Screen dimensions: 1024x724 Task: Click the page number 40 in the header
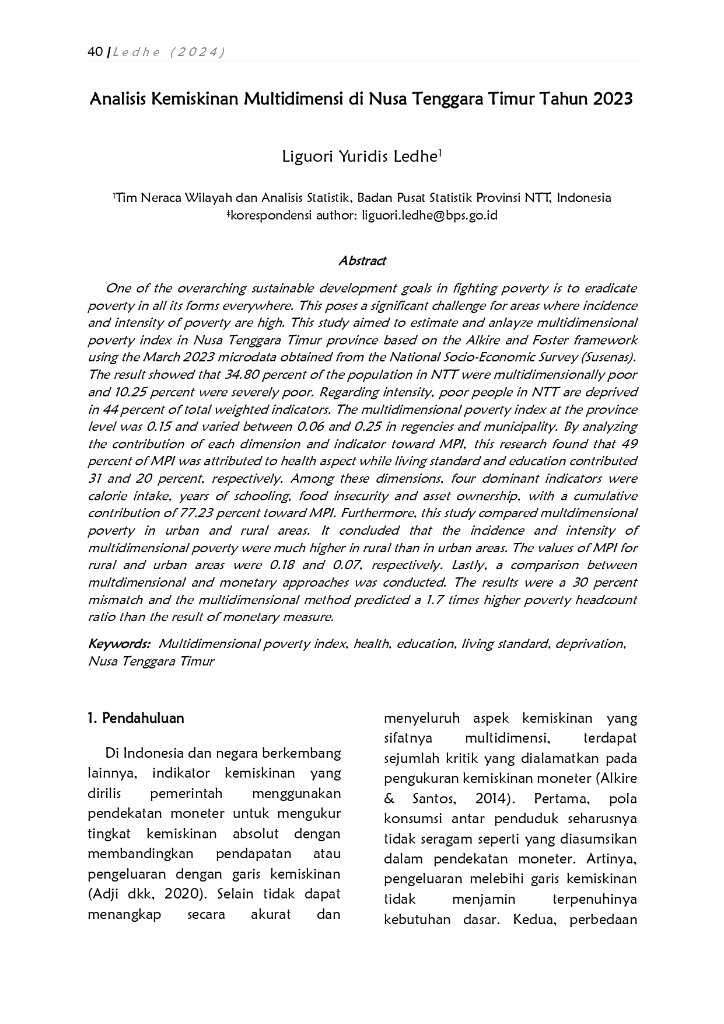click(x=95, y=52)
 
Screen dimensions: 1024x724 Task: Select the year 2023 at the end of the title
click(x=613, y=99)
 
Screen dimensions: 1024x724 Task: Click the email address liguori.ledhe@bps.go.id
click(x=429, y=215)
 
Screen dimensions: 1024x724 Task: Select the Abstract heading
click(x=362, y=260)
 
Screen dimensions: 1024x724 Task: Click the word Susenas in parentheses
click(x=610, y=357)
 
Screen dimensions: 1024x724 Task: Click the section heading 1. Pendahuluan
click(x=135, y=718)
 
